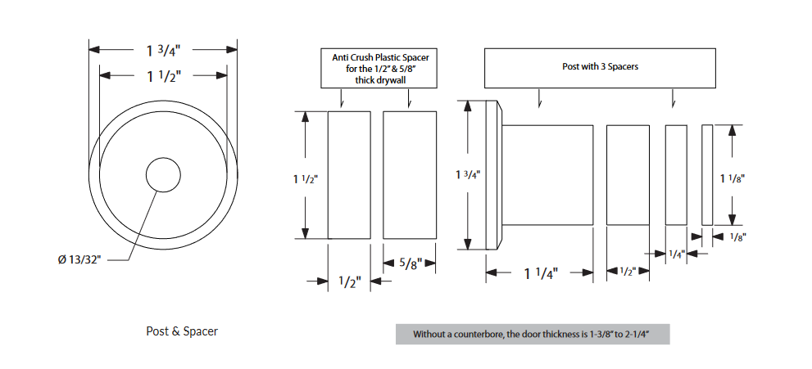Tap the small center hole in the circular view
point(163,175)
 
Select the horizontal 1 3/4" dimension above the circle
point(163,50)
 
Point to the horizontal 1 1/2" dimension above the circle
point(163,76)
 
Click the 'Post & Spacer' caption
point(182,331)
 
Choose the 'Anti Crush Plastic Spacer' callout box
point(380,69)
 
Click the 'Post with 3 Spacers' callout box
point(600,67)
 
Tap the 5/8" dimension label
point(410,263)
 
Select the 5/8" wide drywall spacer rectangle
point(409,174)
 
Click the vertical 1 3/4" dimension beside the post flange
point(468,174)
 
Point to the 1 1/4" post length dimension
point(540,273)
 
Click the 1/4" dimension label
point(676,254)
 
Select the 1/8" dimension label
point(737,236)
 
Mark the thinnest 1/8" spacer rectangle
point(707,174)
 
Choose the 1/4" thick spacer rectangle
point(676,174)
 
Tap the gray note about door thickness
point(533,334)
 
